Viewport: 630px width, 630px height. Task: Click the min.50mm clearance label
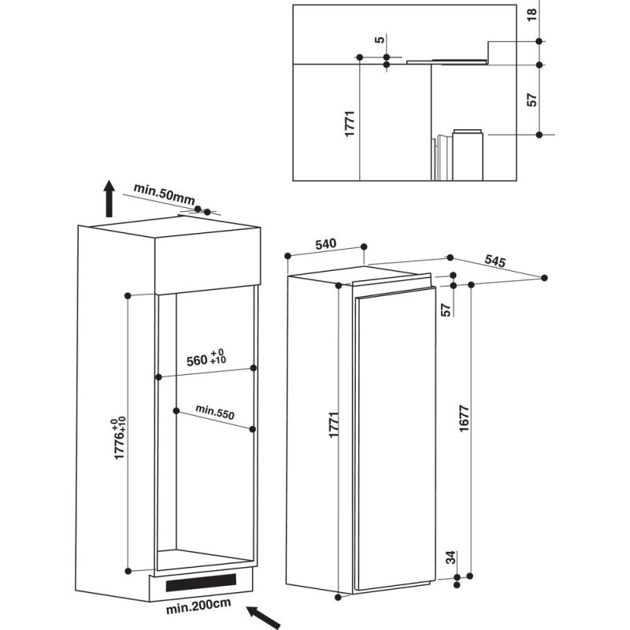point(164,194)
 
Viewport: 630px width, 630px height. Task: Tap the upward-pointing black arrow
point(109,198)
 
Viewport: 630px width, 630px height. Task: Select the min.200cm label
point(198,606)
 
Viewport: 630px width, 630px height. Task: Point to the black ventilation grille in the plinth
point(201,582)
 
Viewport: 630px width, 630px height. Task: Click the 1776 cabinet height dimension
point(120,438)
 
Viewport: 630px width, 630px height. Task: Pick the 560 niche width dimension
point(206,358)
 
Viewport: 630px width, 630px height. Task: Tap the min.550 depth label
point(215,412)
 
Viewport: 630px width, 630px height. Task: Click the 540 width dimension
point(325,244)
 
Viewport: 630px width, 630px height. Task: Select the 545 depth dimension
point(495,261)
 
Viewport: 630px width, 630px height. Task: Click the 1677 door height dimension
point(464,419)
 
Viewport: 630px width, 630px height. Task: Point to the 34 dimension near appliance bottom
point(451,557)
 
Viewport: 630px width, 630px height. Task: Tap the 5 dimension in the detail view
point(380,39)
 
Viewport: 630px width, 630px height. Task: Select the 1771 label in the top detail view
point(350,124)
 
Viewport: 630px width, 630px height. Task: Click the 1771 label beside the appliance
point(334,424)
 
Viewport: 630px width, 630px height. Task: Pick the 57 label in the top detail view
point(532,100)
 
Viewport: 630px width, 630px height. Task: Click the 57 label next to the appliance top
point(446,309)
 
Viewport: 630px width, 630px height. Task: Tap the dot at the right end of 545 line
point(544,278)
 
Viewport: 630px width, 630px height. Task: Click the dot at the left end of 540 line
point(287,256)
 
